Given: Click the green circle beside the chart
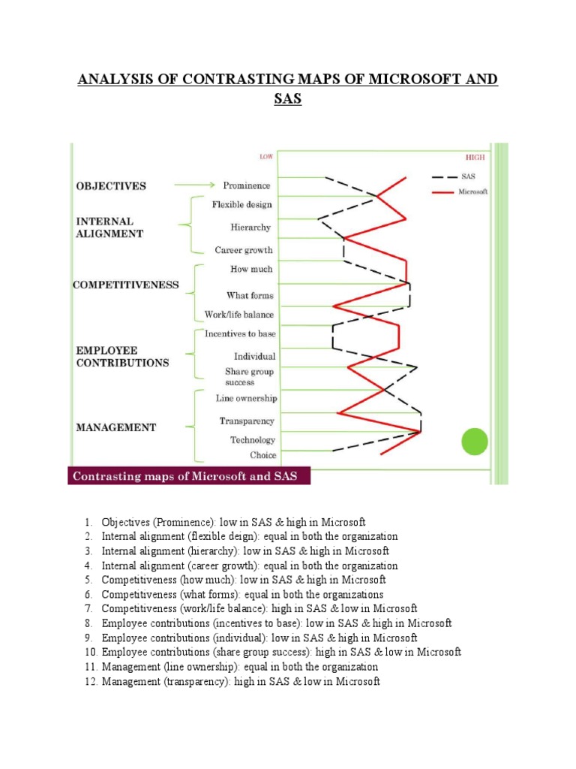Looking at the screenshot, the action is point(474,442).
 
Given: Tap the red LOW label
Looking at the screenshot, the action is point(266,157).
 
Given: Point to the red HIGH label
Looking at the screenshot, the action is point(475,158).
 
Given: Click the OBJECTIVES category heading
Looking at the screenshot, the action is point(111,185).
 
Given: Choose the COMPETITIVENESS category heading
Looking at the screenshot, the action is point(125,285).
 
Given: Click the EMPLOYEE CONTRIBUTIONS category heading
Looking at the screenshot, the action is point(122,356).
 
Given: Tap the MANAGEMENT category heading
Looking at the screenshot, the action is point(116,427).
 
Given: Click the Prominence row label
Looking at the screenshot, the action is point(247,185).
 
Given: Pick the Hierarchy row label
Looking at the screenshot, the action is point(251,228).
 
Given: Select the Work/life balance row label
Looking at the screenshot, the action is point(239,315).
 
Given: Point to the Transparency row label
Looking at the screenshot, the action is point(247,421).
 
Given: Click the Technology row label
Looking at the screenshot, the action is point(253,440).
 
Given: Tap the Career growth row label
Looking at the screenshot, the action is point(244,250).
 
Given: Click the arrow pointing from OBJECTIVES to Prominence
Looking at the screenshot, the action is point(195,185).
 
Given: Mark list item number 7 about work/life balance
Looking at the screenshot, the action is point(259,608).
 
